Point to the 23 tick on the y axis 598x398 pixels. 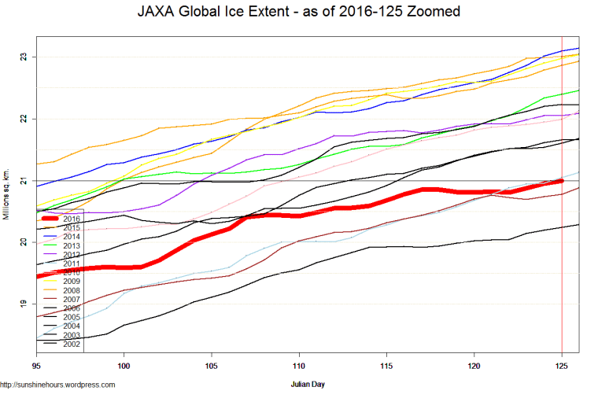pos(24,57)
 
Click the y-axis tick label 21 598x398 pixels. pos(24,181)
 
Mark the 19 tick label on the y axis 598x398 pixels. pos(24,304)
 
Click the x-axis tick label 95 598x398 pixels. pos(36,367)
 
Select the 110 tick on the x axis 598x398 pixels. pos(298,367)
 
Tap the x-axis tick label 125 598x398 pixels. pos(562,367)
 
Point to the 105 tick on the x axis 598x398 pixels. pos(211,367)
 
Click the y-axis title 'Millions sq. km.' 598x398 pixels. pos(7,193)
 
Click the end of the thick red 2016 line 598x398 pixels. pos(561,181)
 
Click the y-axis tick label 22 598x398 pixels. pos(24,119)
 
